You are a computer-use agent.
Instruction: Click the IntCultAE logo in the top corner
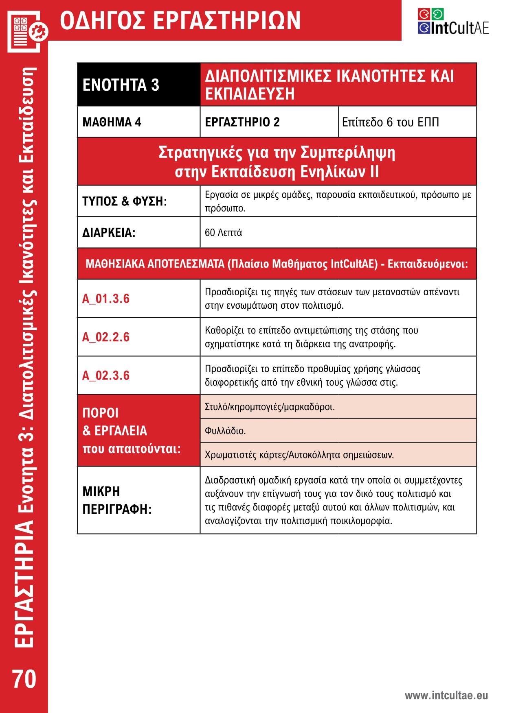tap(453, 22)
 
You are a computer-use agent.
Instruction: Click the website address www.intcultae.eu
tap(446, 696)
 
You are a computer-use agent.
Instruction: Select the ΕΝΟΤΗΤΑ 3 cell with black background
tap(121, 85)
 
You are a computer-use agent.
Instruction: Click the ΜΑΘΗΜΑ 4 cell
tap(112, 122)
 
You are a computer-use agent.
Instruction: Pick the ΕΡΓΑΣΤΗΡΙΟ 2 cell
tap(242, 122)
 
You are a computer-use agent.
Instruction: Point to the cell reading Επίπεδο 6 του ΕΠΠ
tap(390, 122)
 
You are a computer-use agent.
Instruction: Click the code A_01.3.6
tap(106, 299)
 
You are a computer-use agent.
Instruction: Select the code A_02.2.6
tap(106, 337)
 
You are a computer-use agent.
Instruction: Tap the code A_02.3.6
tap(106, 375)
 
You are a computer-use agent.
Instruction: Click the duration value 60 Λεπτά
tap(224, 233)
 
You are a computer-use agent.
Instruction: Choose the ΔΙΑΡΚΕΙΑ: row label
tap(109, 233)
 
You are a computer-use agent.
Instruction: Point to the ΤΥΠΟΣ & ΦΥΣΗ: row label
tap(125, 201)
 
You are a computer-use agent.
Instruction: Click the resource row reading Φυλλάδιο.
tap(225, 431)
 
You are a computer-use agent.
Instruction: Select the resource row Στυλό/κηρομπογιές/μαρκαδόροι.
tap(270, 407)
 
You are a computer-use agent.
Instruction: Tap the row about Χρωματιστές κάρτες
tap(299, 454)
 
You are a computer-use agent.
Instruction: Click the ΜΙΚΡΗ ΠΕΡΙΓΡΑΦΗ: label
tap(117, 500)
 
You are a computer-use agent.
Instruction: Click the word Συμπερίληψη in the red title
tap(348, 153)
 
